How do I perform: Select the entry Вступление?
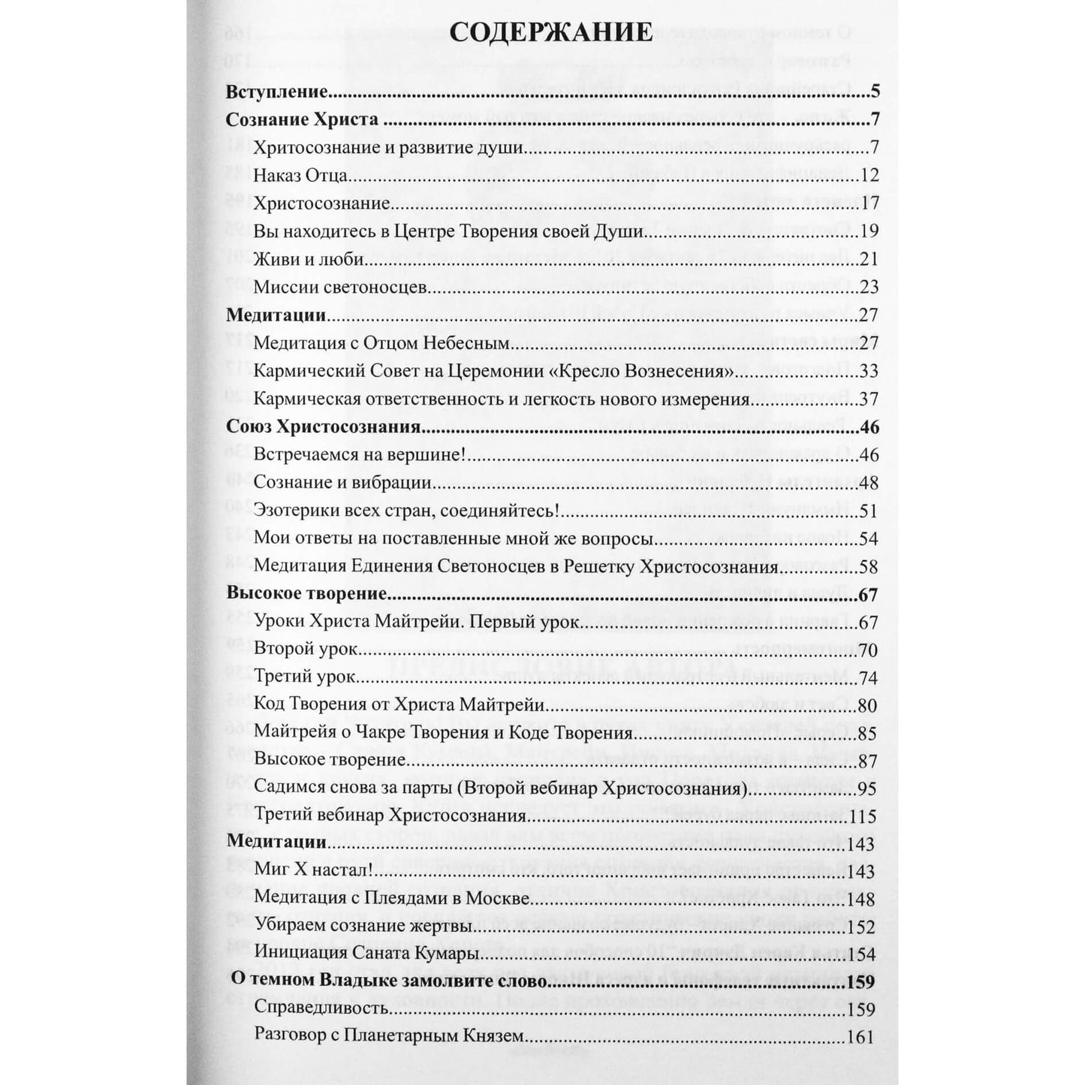(x=277, y=93)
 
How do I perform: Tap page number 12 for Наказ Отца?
(x=870, y=176)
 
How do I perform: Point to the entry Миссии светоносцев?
(x=341, y=288)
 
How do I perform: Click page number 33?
(x=869, y=372)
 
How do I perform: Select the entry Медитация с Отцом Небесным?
(x=382, y=344)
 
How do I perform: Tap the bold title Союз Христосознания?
(x=322, y=427)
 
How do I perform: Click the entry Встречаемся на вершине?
(x=362, y=455)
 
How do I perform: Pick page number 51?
(x=869, y=511)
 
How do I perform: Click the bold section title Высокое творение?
(x=306, y=594)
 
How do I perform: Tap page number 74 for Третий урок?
(x=869, y=678)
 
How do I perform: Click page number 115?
(x=864, y=816)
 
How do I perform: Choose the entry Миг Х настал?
(x=309, y=872)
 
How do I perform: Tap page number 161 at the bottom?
(x=860, y=1037)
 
